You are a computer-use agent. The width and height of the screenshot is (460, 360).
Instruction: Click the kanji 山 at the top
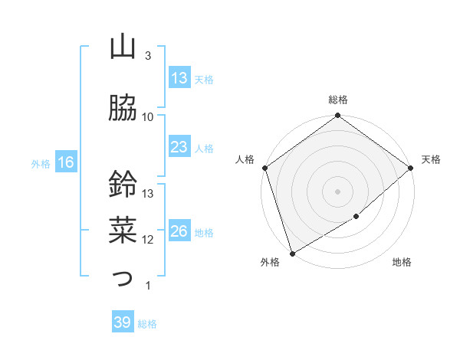[123, 47]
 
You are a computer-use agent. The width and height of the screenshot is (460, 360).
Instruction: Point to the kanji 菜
[123, 227]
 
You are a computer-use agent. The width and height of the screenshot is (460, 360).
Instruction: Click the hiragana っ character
[123, 277]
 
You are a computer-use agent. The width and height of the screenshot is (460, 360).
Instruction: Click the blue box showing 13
[179, 78]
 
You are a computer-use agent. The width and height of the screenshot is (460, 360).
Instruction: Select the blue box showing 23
[179, 147]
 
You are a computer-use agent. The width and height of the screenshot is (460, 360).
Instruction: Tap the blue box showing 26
[179, 231]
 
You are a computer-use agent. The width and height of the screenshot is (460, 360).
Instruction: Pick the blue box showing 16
[65, 162]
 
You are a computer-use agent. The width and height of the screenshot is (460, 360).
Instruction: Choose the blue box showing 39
[123, 323]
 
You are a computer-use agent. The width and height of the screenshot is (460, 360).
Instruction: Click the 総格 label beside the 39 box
[147, 324]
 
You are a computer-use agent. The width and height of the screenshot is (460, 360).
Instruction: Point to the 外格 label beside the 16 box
[41, 163]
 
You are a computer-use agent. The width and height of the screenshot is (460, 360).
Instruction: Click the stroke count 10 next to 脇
[148, 116]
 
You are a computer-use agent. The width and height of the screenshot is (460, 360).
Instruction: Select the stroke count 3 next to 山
[148, 55]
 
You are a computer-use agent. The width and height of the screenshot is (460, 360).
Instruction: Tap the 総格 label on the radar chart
[338, 100]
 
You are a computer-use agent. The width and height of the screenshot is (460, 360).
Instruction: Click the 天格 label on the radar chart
[431, 159]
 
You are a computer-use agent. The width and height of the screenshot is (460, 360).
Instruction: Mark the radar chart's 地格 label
[402, 263]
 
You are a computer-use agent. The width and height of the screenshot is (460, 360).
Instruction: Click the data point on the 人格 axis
[264, 168]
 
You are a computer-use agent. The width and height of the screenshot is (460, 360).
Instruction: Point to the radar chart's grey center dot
[338, 191]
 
